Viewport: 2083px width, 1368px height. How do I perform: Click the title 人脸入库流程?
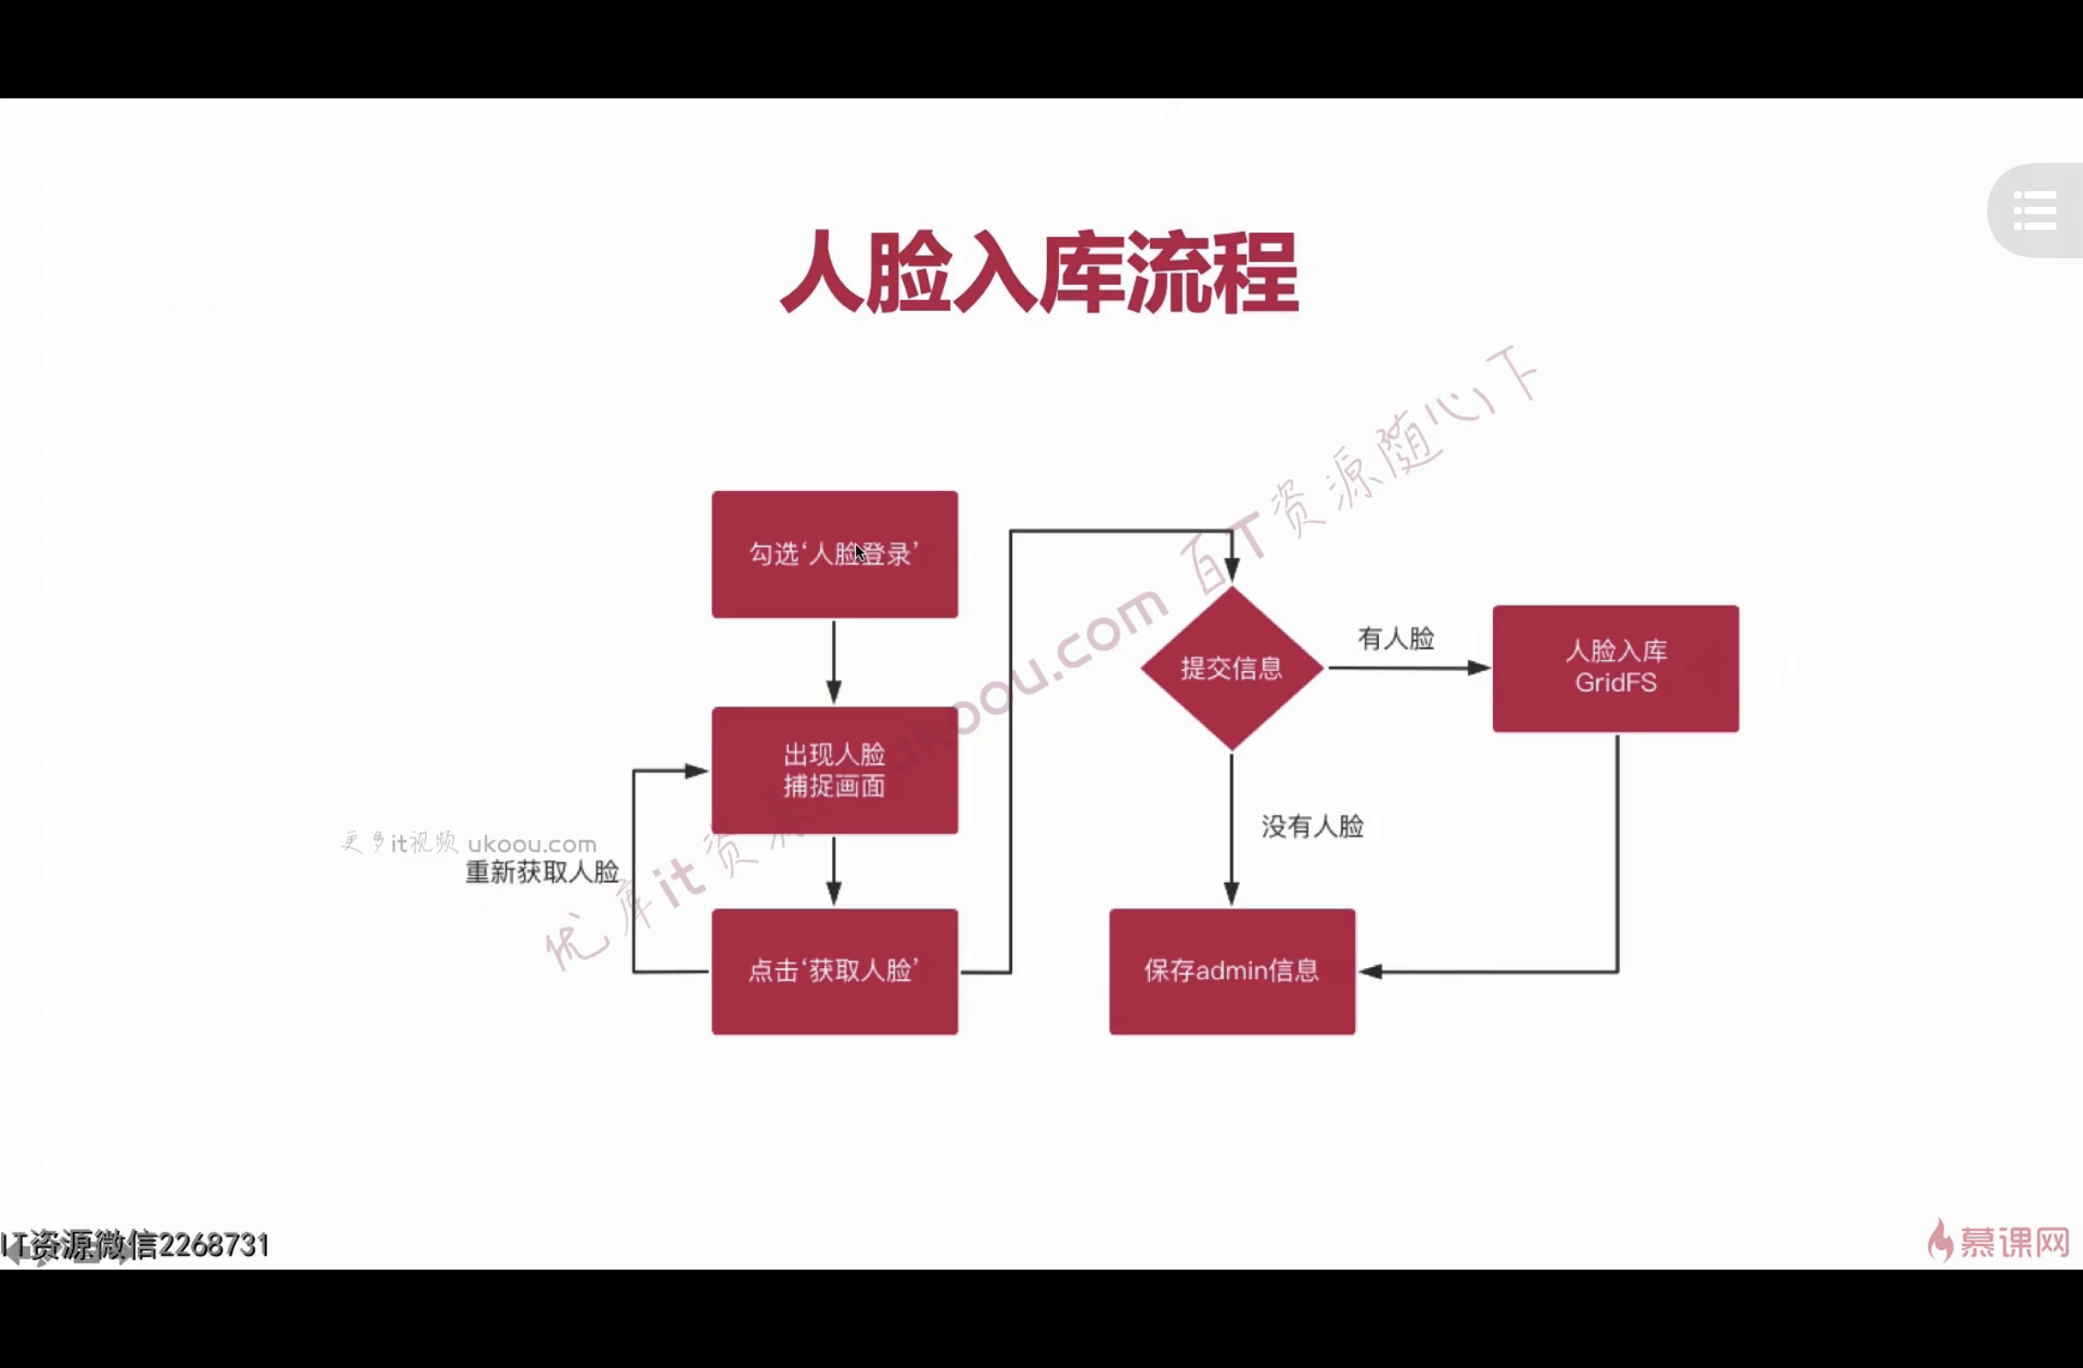click(x=1039, y=272)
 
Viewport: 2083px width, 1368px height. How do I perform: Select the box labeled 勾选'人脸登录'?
click(x=834, y=554)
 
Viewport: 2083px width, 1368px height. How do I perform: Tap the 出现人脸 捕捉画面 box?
click(x=834, y=770)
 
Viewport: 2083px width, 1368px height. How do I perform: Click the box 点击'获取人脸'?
click(x=834, y=972)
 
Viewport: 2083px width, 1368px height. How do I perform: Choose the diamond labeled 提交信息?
click(x=1231, y=668)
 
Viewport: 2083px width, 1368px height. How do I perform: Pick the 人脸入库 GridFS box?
click(x=1615, y=668)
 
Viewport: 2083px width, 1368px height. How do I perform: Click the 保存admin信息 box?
click(x=1231, y=972)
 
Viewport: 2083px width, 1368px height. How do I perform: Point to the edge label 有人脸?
click(x=1395, y=638)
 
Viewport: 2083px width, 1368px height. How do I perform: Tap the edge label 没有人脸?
click(x=1312, y=826)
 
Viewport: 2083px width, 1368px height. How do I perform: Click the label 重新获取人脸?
click(x=541, y=872)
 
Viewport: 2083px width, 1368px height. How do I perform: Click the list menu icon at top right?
click(x=2034, y=211)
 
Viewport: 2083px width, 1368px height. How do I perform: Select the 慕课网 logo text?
click(x=2014, y=1242)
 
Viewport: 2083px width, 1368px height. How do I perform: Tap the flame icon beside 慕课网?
click(x=1940, y=1240)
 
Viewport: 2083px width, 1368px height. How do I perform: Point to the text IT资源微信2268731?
click(x=136, y=1245)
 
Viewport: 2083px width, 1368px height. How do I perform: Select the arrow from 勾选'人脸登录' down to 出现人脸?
click(x=834, y=662)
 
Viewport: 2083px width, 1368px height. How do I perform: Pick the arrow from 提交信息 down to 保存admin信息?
click(x=1232, y=827)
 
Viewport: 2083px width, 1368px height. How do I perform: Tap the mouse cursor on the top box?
click(x=859, y=553)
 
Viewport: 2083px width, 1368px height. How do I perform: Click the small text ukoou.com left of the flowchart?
click(x=531, y=844)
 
